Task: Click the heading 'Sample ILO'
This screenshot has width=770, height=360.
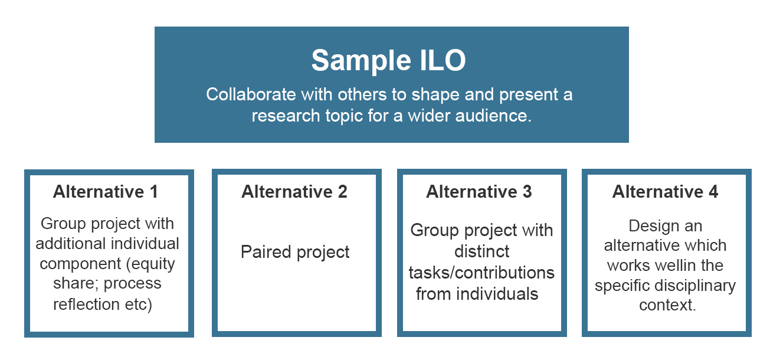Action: pyautogui.click(x=388, y=61)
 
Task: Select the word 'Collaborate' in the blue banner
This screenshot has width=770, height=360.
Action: pyautogui.click(x=251, y=94)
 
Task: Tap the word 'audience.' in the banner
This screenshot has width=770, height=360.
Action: pyautogui.click(x=493, y=116)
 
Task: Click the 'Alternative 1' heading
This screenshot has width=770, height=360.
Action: pyautogui.click(x=106, y=192)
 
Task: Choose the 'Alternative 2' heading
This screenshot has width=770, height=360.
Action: pyautogui.click(x=294, y=192)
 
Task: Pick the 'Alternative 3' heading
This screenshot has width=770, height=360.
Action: pyautogui.click(x=479, y=192)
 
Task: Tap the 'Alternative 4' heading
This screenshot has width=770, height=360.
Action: pyautogui.click(x=665, y=192)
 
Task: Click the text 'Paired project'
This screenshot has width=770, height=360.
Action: pyautogui.click(x=295, y=253)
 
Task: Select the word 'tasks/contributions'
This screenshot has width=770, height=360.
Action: pyautogui.click(x=481, y=273)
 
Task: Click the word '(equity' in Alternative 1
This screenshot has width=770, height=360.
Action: pyautogui.click(x=150, y=264)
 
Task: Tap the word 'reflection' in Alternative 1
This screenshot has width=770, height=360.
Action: pyautogui.click(x=86, y=305)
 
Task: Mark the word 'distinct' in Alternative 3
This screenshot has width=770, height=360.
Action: pyautogui.click(x=481, y=251)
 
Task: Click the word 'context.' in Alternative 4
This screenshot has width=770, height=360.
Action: pyautogui.click(x=667, y=305)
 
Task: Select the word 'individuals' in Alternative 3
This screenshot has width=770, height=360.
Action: pyautogui.click(x=497, y=294)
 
